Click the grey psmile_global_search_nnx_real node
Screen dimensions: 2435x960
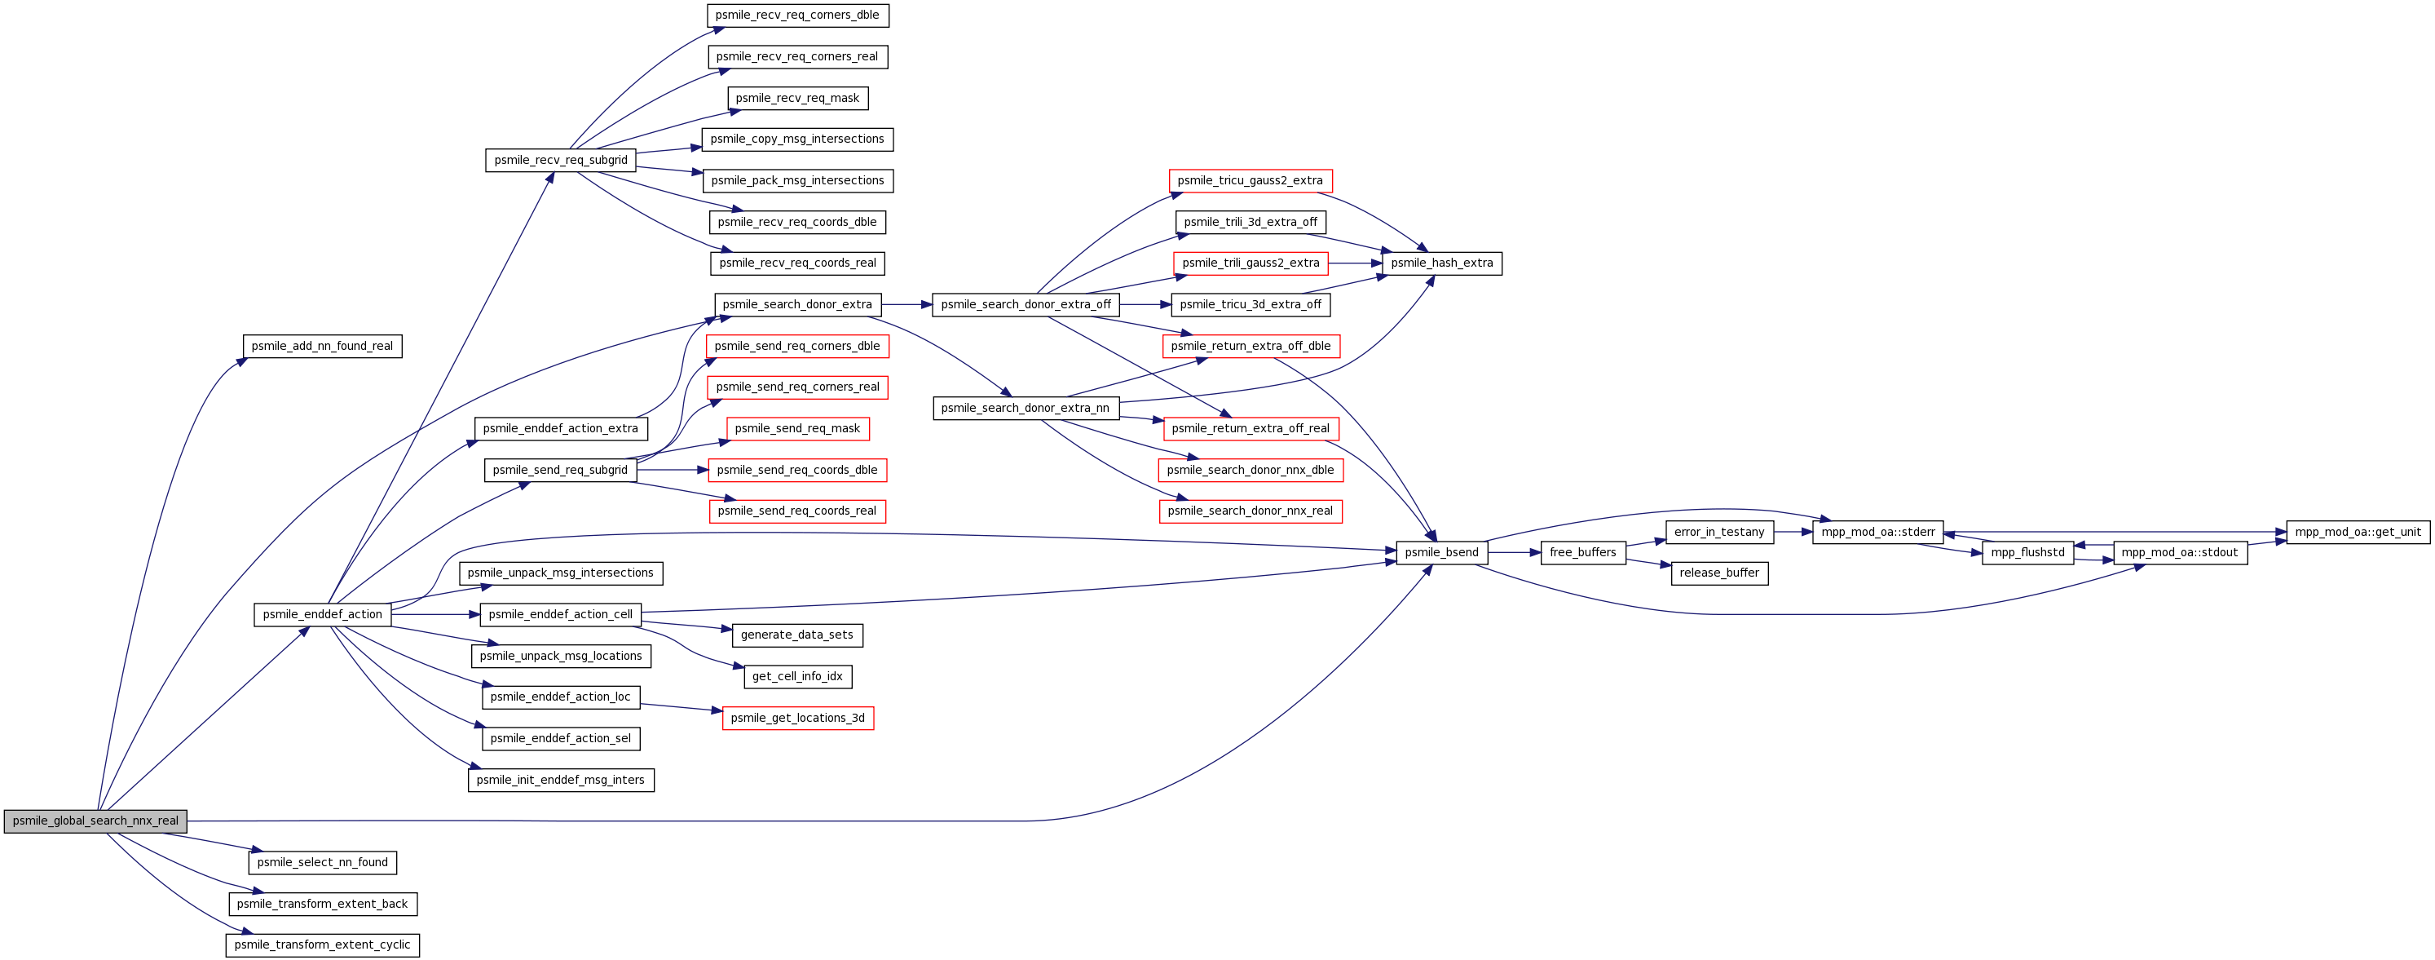coord(95,821)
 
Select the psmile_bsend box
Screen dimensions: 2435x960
coord(1441,552)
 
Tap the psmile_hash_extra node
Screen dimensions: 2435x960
coord(1441,263)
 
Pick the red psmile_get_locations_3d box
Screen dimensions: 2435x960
coord(798,718)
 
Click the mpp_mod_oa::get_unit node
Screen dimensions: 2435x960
coord(2358,532)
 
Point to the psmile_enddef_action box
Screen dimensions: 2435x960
coord(322,615)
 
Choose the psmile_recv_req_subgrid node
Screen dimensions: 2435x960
coord(561,160)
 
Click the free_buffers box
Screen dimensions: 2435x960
coord(1582,552)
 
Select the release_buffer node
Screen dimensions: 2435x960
coord(1719,573)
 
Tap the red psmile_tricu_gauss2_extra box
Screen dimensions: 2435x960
coord(1251,180)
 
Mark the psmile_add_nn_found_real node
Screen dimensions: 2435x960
coord(322,346)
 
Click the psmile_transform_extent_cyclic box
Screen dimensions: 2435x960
coord(322,945)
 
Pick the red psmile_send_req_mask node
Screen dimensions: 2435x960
coord(798,428)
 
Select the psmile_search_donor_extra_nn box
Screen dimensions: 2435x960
coord(1026,408)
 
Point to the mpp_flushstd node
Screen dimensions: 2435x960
coord(2027,552)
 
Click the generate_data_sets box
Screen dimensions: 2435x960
coord(797,635)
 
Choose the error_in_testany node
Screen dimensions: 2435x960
coord(1719,532)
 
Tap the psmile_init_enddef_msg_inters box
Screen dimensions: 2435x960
coord(561,781)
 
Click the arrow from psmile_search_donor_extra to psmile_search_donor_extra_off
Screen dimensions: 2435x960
coord(907,304)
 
